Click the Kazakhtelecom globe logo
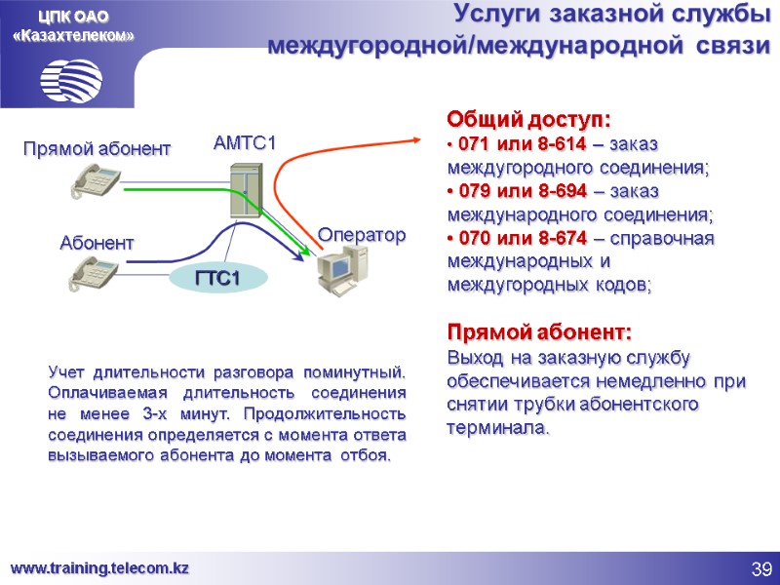coord(71,76)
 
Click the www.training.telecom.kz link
coord(99,567)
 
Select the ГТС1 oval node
coord(217,280)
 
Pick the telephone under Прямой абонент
coord(94,179)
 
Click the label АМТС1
coord(245,143)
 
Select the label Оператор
coord(361,235)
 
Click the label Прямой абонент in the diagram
coord(97,148)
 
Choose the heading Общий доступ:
coord(528,120)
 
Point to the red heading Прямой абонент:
coord(539,330)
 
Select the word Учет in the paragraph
coord(68,372)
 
